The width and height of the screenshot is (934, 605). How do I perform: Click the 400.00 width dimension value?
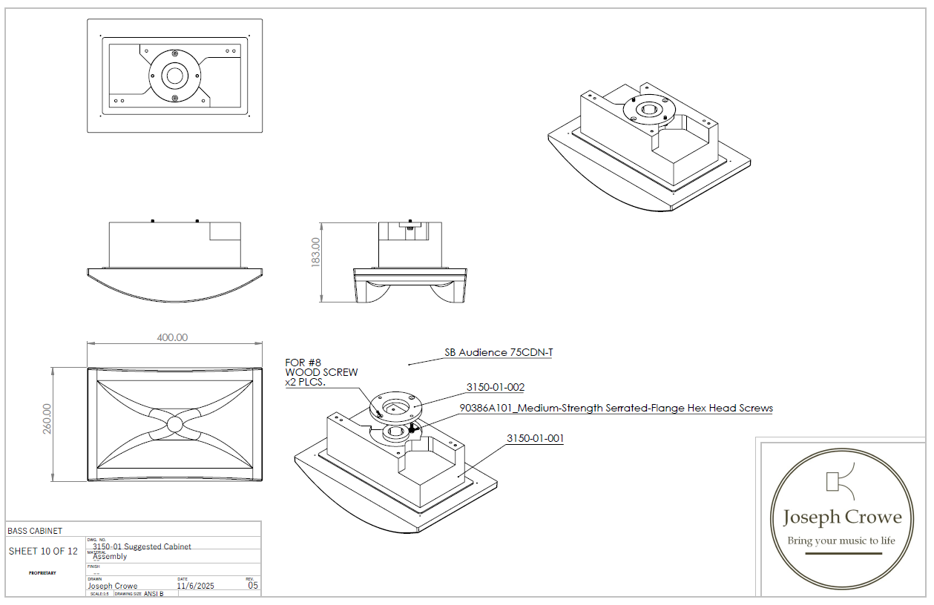tap(171, 337)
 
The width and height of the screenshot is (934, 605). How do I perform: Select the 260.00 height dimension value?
tap(47, 419)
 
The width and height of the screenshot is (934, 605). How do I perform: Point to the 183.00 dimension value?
tap(315, 252)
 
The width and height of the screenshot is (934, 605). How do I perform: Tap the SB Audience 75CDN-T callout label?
tap(499, 353)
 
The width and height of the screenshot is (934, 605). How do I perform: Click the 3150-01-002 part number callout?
tap(495, 387)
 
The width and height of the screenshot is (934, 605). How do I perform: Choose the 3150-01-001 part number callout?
tap(535, 438)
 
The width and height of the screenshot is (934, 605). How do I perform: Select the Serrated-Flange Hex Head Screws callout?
tap(616, 408)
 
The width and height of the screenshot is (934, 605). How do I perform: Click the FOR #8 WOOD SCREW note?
tap(321, 372)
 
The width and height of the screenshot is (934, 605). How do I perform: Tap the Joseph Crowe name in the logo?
tap(842, 517)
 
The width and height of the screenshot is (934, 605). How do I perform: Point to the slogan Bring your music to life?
tap(841, 540)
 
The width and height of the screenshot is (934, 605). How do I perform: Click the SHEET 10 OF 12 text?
tap(43, 551)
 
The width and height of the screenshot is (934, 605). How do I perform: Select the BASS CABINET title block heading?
tap(35, 531)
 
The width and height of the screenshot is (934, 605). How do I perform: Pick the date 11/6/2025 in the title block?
tap(195, 586)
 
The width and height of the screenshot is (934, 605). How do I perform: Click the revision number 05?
tap(253, 585)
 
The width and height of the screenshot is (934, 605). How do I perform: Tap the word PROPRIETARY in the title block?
tap(42, 572)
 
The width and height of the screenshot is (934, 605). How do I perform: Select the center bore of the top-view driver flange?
tap(175, 76)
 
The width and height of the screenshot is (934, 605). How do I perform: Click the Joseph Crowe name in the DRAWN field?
tap(112, 586)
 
